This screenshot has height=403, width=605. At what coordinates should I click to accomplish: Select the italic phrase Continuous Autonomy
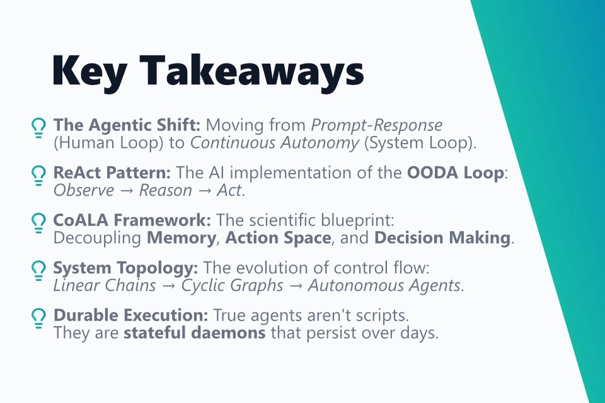point(275,142)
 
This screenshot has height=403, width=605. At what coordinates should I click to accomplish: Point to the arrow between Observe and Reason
point(127,190)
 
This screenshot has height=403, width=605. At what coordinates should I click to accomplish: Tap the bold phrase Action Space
point(278,238)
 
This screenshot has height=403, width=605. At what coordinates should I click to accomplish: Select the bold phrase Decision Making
point(442,238)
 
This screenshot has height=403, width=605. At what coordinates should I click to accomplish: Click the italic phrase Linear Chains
point(104,286)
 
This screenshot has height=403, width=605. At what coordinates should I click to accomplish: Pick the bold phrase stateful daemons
point(194,333)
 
